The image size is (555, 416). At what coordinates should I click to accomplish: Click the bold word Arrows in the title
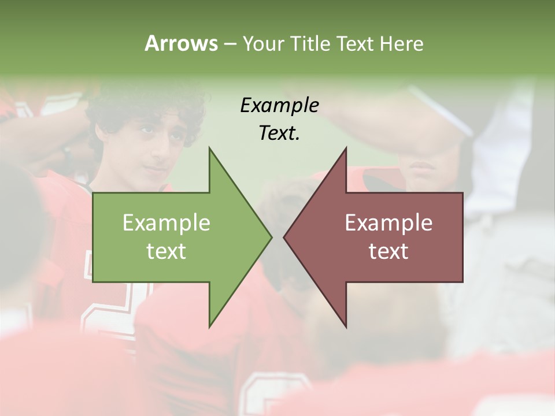tap(181, 43)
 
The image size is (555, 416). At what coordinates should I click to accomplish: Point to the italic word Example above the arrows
tap(279, 105)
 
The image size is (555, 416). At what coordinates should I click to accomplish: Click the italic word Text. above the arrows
tap(279, 133)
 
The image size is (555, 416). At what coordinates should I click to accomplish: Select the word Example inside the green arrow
tap(166, 223)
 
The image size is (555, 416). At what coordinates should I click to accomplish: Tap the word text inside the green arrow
tap(166, 251)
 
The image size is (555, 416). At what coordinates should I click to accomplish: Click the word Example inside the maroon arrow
tap(388, 223)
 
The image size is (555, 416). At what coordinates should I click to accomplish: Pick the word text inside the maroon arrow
tap(388, 251)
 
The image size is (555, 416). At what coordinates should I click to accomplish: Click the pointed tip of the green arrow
tap(271, 237)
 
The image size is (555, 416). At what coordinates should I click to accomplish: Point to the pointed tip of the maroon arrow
tap(284, 237)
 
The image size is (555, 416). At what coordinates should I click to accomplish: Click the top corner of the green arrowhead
tap(209, 148)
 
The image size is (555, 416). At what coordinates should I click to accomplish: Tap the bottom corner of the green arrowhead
tap(209, 327)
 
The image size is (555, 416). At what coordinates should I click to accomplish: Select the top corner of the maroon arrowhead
tap(346, 148)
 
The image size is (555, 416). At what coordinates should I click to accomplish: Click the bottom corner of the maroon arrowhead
tap(346, 327)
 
